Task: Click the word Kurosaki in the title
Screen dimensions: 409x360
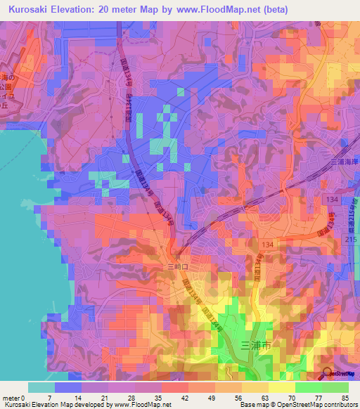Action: [30, 8]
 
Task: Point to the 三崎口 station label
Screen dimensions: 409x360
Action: [176, 268]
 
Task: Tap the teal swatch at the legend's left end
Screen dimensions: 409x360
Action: [41, 387]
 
